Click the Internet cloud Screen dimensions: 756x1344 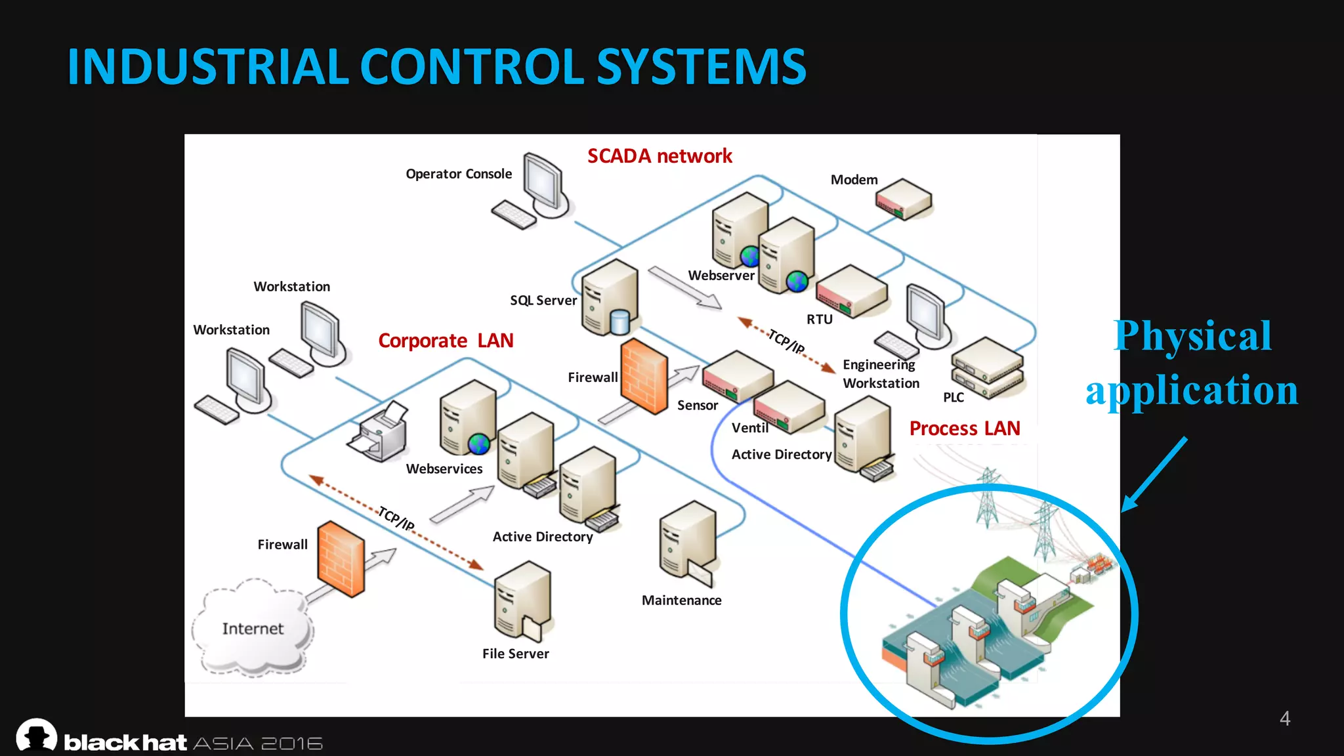coord(253,628)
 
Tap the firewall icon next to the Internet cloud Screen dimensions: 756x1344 coord(341,558)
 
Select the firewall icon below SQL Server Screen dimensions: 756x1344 coord(644,376)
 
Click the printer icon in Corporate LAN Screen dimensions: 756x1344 coord(379,432)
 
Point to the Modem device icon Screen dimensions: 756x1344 coord(904,199)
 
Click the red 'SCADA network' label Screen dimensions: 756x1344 coord(659,156)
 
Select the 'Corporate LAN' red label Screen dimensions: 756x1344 coord(446,341)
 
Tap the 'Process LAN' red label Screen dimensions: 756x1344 coord(964,429)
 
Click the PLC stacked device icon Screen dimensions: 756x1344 coord(988,367)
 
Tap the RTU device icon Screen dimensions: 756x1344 coord(852,291)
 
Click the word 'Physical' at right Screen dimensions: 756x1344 coord(1192,336)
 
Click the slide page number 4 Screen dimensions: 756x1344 coord(1284,719)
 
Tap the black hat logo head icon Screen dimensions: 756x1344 coord(37,735)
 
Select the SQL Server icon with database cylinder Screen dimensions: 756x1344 coord(610,297)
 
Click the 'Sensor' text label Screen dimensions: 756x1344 coord(697,406)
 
